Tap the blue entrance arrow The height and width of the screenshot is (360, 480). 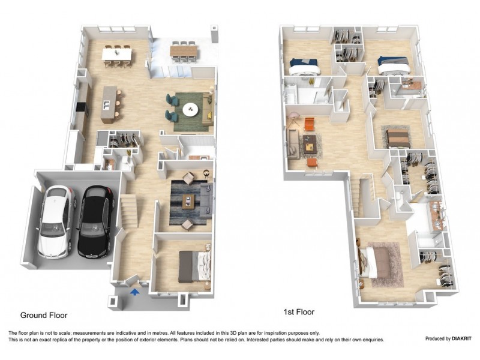(x=135, y=291)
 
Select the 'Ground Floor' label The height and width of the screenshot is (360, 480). (x=44, y=315)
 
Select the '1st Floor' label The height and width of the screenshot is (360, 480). (x=299, y=312)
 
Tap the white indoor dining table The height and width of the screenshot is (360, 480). (x=118, y=55)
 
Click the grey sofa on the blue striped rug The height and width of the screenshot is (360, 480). (x=206, y=198)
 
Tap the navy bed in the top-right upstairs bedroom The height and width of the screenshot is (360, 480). (x=393, y=62)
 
